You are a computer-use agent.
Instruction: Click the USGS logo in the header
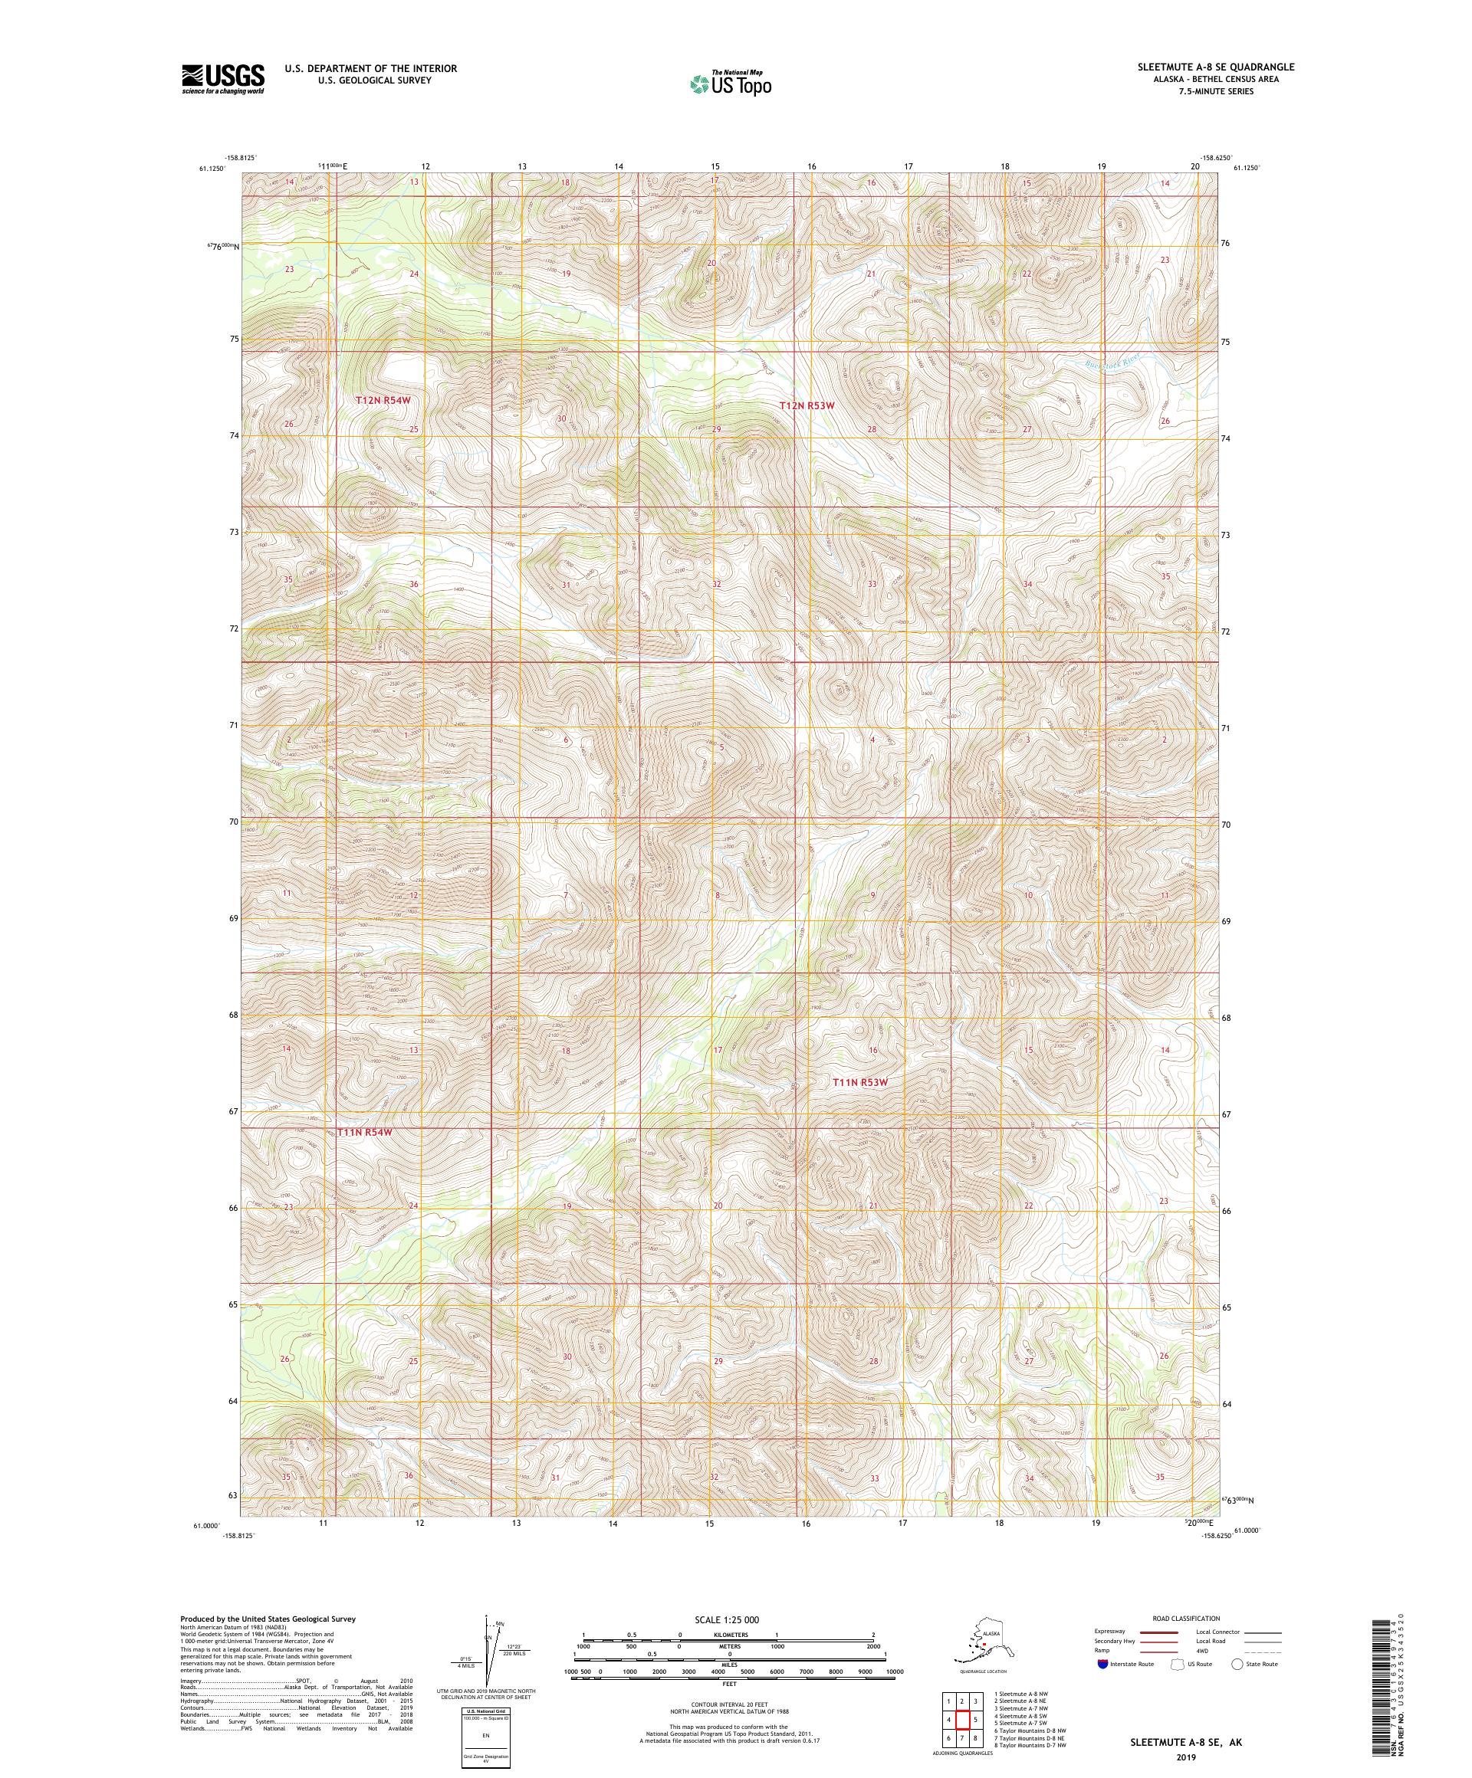pos(222,79)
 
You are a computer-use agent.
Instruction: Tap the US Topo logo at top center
pos(730,83)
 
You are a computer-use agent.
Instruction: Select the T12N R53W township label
pos(807,405)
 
